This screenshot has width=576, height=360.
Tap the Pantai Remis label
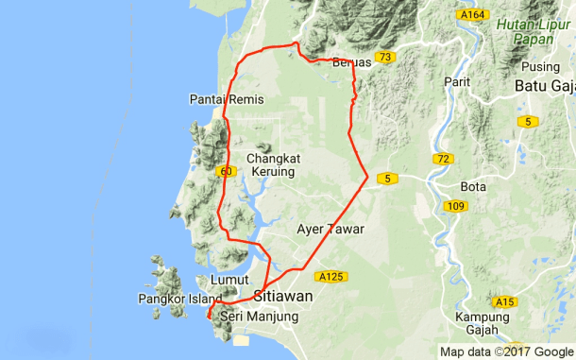(227, 99)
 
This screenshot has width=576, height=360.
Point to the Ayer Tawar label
(330, 229)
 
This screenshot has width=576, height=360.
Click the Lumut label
(230, 281)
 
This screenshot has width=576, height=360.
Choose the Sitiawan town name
(284, 295)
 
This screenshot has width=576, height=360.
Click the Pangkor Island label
(179, 300)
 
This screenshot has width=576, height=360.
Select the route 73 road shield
(383, 58)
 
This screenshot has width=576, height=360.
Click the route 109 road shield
(455, 206)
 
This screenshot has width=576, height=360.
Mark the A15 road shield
(505, 301)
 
